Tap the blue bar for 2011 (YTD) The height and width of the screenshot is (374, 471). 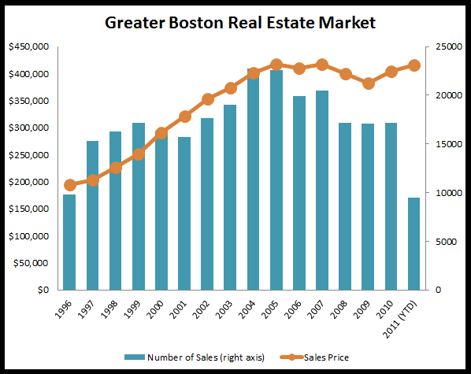(414, 243)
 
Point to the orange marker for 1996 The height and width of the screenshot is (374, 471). (69, 185)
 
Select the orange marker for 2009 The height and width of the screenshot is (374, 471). (368, 83)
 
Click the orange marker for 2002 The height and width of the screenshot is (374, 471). (207, 99)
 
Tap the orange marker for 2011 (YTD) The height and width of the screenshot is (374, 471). (414, 65)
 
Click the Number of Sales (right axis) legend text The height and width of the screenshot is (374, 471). (205, 357)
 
